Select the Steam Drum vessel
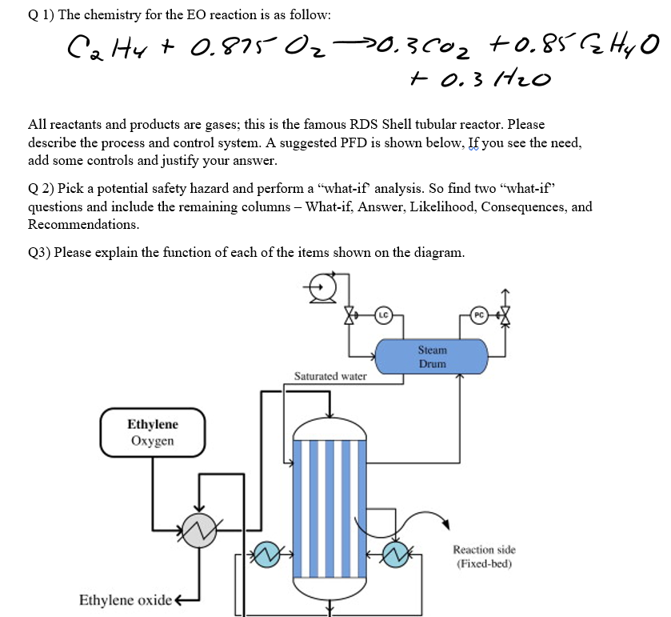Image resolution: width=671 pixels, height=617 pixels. [432, 357]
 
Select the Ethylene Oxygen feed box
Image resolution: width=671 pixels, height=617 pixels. [152, 432]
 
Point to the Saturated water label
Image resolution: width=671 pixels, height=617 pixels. [330, 375]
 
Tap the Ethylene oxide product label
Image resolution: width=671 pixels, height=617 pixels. [126, 600]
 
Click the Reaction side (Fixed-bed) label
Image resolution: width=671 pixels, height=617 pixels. [485, 556]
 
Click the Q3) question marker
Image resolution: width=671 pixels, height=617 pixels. [39, 253]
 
